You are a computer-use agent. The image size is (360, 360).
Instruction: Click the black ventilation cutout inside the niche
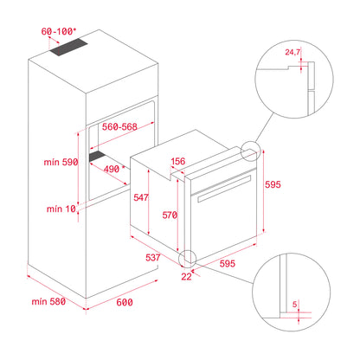click(x=102, y=158)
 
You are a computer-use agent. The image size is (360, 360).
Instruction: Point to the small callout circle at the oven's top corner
click(x=251, y=153)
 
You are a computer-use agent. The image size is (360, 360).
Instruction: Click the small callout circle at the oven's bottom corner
click(x=188, y=259)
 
